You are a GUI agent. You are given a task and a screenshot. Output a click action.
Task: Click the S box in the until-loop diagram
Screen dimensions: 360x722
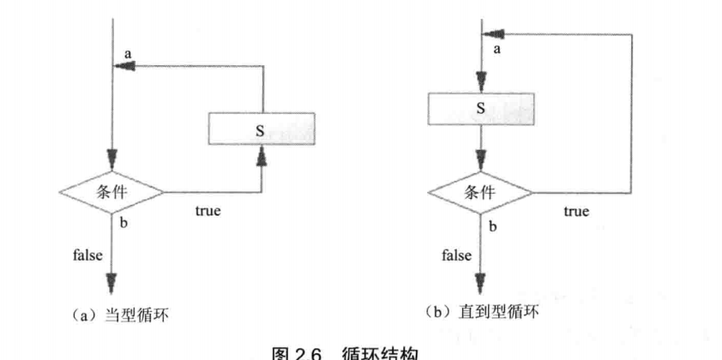point(481,108)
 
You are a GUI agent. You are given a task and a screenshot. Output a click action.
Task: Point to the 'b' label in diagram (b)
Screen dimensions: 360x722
point(492,226)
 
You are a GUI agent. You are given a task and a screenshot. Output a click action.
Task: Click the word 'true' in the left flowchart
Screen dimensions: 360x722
point(208,211)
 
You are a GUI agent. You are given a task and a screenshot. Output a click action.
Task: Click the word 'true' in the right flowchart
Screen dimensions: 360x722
point(576,211)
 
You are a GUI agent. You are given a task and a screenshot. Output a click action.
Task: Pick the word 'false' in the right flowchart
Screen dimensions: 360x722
point(456,255)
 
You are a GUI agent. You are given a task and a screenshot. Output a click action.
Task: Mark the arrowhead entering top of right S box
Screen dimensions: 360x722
point(481,82)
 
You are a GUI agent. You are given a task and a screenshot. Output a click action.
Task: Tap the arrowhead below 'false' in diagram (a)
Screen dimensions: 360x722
point(112,284)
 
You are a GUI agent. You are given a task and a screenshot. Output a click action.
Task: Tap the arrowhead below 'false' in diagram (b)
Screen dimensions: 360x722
point(481,284)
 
